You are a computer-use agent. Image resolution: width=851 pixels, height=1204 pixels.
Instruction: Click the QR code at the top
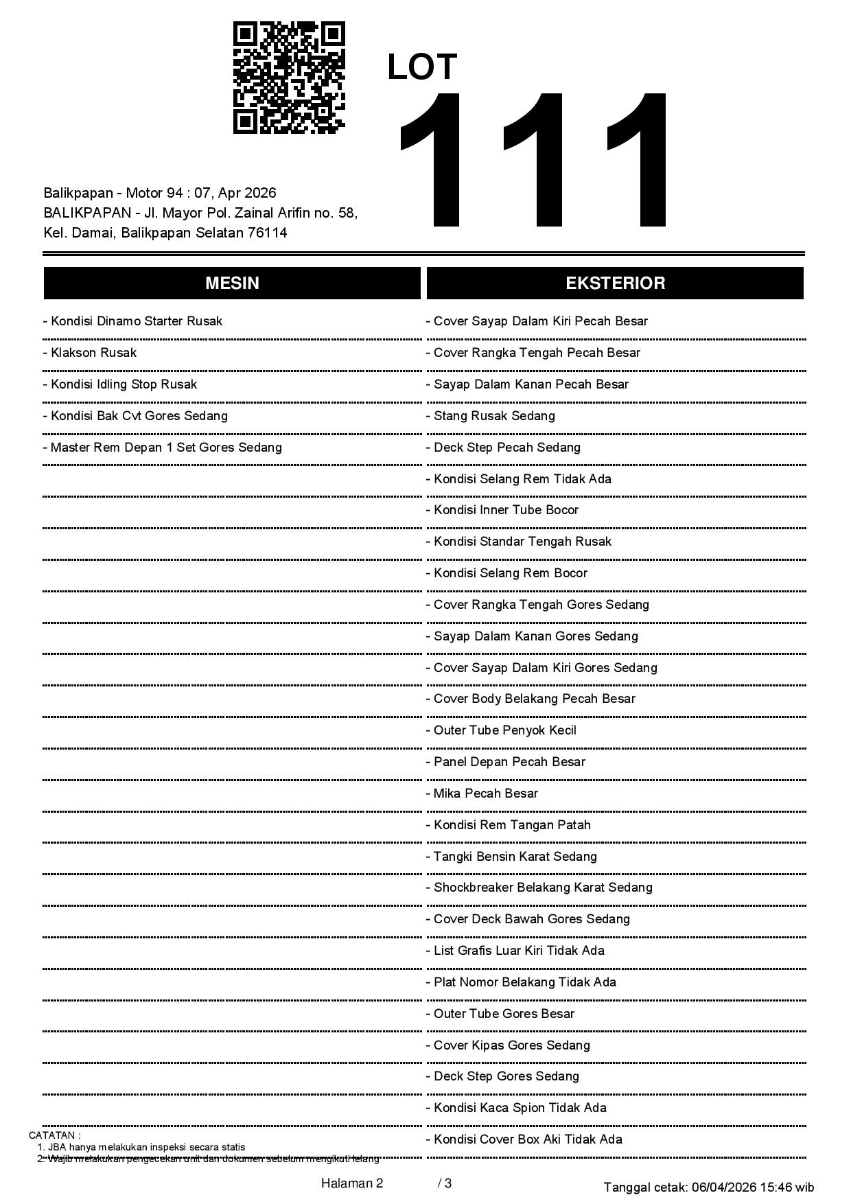point(288,78)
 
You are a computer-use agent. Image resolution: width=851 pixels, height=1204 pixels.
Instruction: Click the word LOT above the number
point(422,67)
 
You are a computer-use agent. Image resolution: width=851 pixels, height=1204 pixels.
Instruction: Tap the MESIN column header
point(232,283)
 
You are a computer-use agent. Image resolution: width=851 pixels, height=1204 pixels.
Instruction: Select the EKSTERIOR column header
point(615,283)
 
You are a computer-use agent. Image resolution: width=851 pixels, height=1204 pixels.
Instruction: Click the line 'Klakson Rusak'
point(93,353)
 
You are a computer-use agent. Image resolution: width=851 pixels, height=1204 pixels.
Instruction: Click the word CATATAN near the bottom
point(54,1135)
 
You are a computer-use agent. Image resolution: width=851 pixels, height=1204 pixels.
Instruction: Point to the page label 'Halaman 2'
point(352,1183)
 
